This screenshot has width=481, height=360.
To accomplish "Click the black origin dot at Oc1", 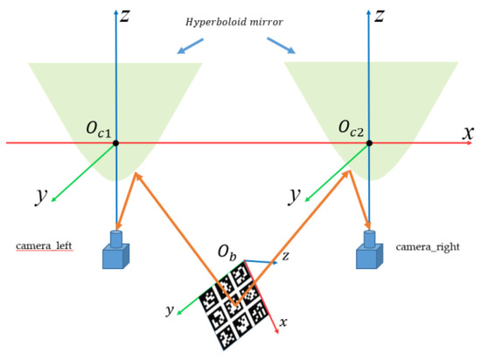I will click(x=115, y=143).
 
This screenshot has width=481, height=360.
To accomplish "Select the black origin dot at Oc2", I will click(x=368, y=143).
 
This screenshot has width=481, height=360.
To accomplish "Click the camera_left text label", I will click(x=44, y=247).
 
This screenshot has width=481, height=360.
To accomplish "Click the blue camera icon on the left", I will click(x=115, y=251).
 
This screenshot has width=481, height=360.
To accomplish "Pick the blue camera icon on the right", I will click(x=368, y=251).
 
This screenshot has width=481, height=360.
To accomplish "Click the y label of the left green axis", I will click(x=40, y=194).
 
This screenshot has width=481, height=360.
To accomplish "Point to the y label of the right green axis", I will click(x=294, y=194).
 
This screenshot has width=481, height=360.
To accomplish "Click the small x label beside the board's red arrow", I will click(x=283, y=322).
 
